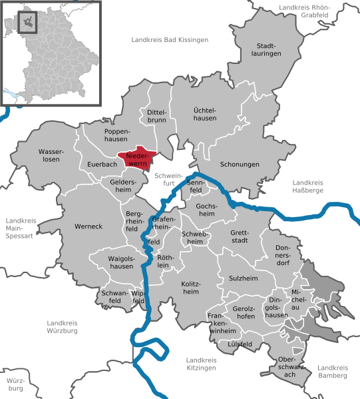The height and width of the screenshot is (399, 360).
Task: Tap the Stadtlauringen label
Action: coord(266,51)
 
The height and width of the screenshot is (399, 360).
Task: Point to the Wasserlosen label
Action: coord(49,155)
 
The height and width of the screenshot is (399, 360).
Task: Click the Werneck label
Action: coord(89,226)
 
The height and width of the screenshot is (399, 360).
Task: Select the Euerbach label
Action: coord(102,164)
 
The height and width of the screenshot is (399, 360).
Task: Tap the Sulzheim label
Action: coord(242,278)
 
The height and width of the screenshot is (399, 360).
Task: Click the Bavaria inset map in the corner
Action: coord(51,53)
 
